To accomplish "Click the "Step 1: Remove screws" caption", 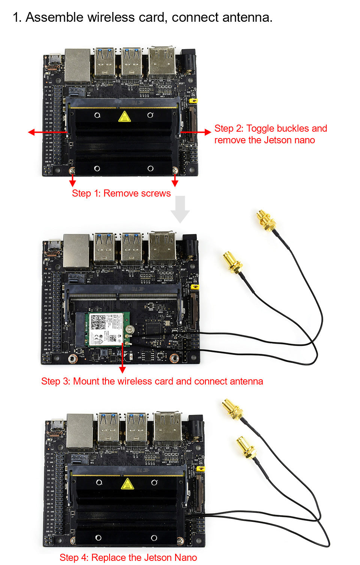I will click(121, 193).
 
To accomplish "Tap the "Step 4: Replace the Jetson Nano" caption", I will click(128, 557).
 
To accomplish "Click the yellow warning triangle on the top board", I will click(124, 117).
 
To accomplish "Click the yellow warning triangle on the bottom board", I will click(127, 484).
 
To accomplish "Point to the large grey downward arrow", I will click(180, 209).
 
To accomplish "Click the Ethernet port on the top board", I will click(78, 65).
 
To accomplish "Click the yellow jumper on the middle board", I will click(195, 287).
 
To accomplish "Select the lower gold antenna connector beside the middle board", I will click(232, 262).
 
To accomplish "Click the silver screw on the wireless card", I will click(130, 330).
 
